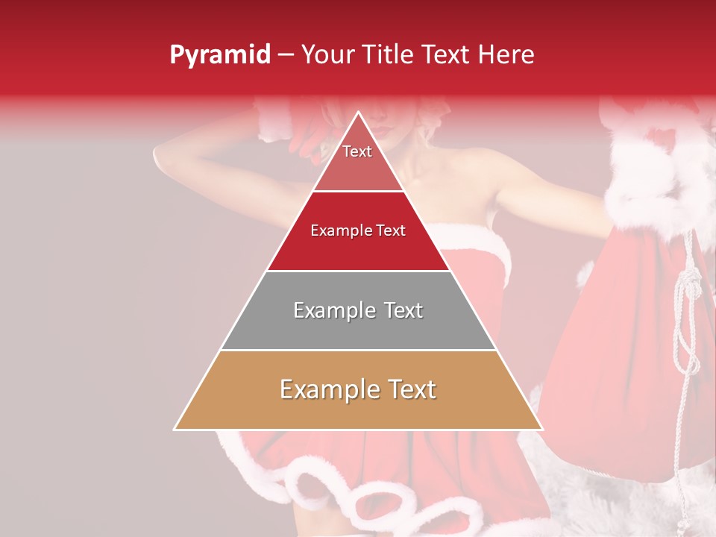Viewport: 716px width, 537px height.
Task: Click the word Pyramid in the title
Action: (x=220, y=55)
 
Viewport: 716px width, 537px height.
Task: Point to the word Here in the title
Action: (x=506, y=54)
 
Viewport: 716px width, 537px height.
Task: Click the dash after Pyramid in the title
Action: (x=286, y=55)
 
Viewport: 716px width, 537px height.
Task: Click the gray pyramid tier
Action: (x=358, y=328)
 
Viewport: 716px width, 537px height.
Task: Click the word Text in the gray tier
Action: (x=400, y=310)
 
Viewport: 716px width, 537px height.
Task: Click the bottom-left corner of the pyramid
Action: (x=175, y=429)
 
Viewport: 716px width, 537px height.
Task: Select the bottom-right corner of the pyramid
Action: (x=542, y=429)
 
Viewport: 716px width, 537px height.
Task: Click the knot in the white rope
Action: (x=683, y=287)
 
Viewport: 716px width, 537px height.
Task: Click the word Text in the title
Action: (x=445, y=54)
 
